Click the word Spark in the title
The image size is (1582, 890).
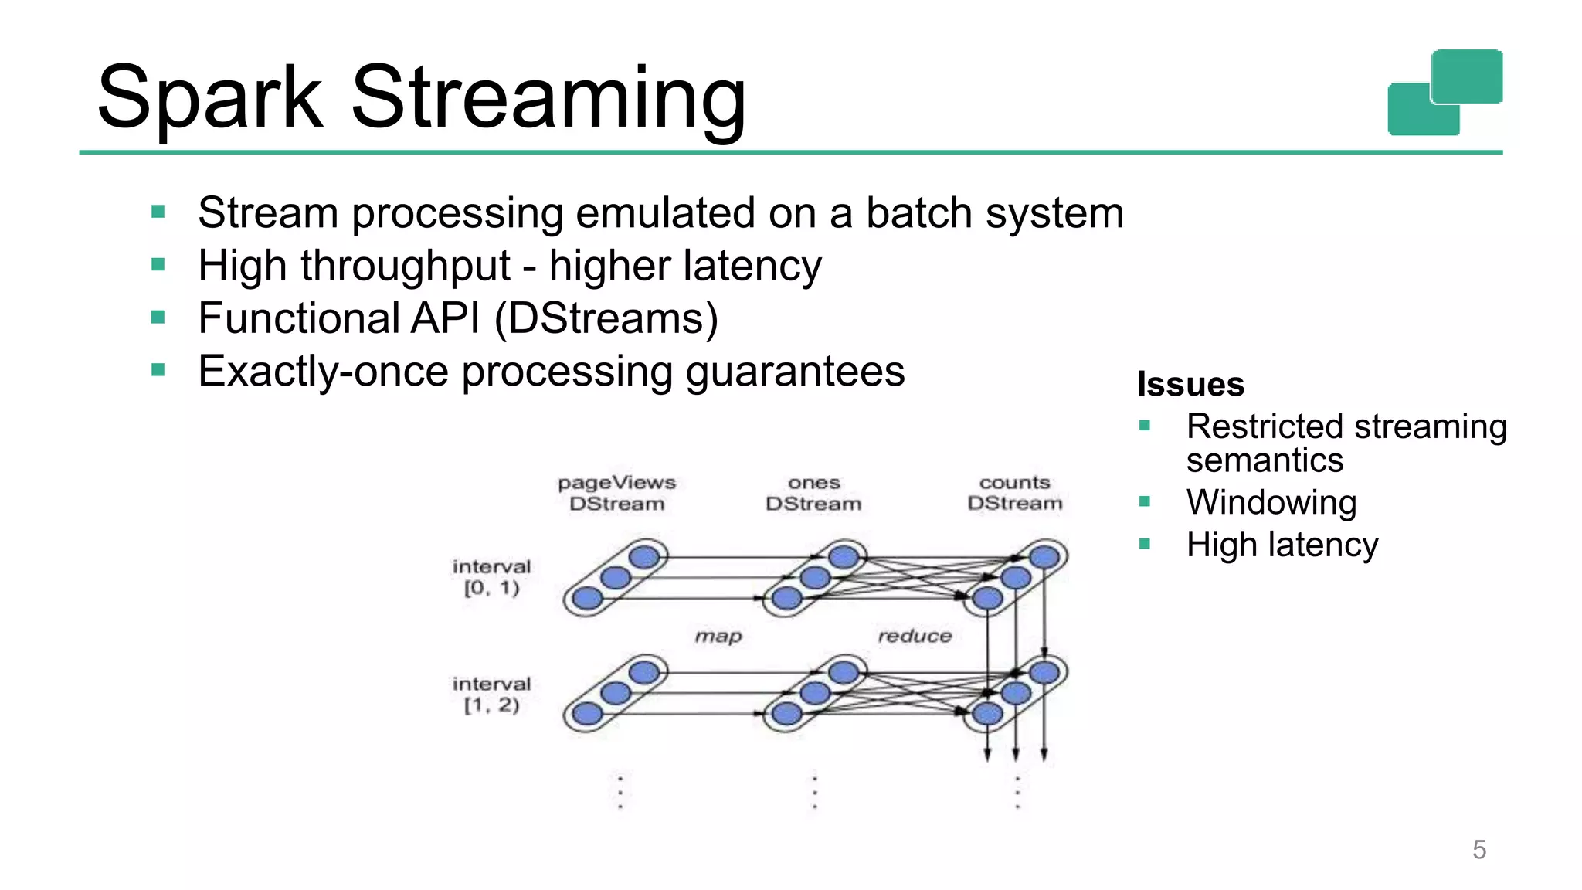tap(210, 98)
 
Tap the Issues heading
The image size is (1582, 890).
tap(1190, 385)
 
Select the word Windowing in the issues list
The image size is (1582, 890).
tap(1271, 503)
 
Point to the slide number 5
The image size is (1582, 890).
tap(1478, 850)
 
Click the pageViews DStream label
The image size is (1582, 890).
tap(616, 493)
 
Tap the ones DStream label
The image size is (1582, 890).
tap(813, 493)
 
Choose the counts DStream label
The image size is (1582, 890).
tap(1014, 493)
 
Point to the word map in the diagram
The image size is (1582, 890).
tap(718, 636)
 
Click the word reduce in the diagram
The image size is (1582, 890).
tap(915, 636)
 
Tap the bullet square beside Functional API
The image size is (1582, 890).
tap(158, 317)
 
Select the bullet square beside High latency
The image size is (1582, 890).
tap(1145, 544)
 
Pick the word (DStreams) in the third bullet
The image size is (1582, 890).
tap(606, 318)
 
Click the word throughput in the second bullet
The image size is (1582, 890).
tap(406, 267)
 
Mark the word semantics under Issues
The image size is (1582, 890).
tap(1265, 460)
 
